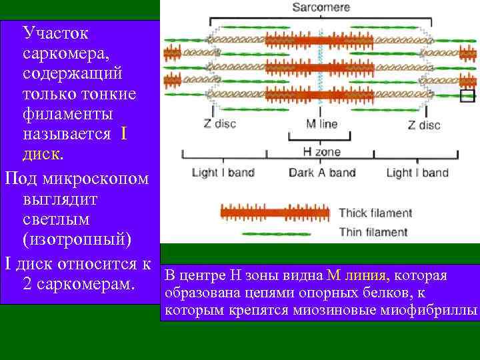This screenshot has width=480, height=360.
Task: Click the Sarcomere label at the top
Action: tap(322, 7)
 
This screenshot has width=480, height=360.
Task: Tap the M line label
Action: tap(321, 124)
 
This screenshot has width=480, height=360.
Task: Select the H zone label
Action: tap(321, 153)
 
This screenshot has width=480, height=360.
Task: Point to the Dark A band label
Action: tap(321, 173)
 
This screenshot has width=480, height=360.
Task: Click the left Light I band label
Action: tap(223, 173)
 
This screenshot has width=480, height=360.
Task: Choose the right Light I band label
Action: tap(417, 173)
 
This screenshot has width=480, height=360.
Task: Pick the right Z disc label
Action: tap(424, 125)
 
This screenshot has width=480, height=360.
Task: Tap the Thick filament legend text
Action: tap(375, 213)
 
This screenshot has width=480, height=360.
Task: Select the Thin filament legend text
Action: tap(373, 232)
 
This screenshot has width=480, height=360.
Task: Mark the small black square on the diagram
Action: tap(467, 95)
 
